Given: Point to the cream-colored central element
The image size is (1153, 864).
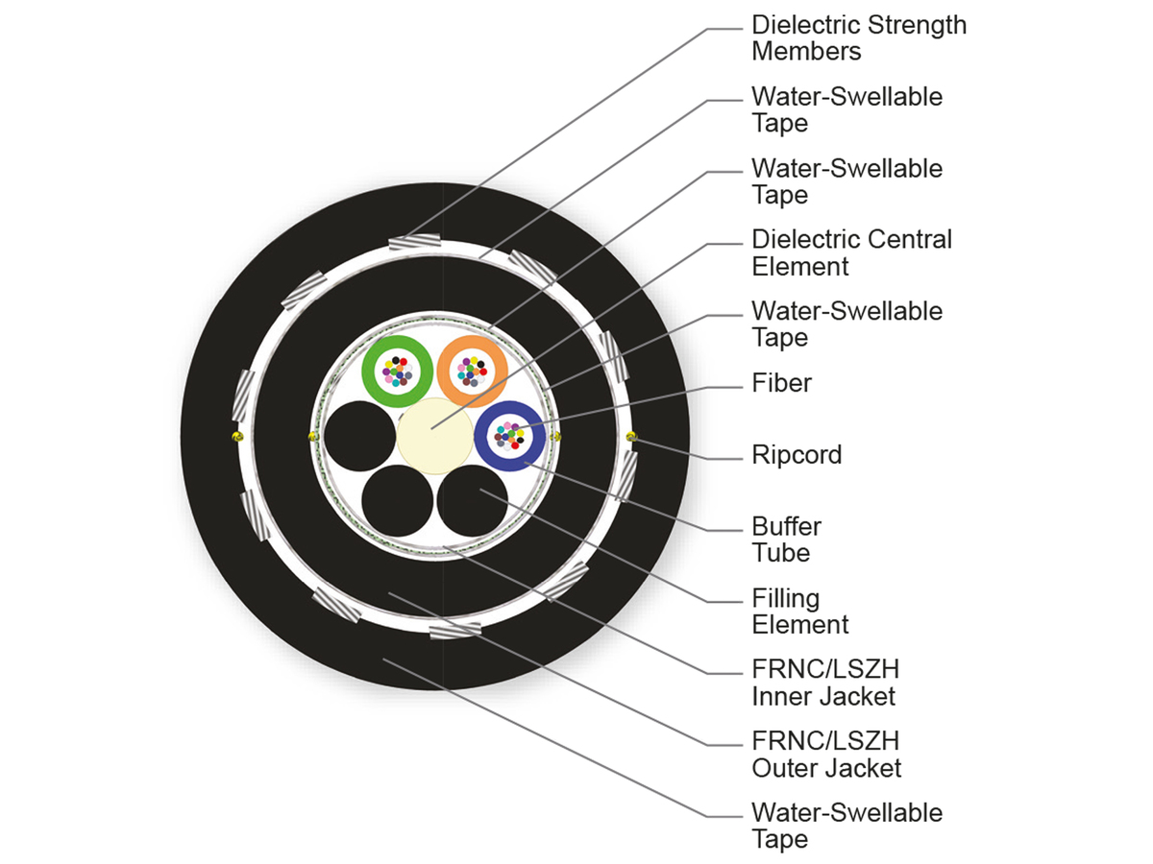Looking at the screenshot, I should (434, 436).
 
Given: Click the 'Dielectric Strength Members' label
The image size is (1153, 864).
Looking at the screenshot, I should (859, 37).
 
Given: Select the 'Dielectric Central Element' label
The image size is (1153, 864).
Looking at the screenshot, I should (851, 252).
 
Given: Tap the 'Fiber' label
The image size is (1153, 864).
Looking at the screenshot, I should (781, 383).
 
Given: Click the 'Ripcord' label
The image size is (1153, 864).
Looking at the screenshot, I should (797, 454).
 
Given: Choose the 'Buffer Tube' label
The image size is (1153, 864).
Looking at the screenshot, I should (786, 540).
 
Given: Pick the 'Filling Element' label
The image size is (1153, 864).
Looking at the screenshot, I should (799, 612).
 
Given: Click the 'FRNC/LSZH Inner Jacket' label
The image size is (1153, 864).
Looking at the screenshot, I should (825, 683).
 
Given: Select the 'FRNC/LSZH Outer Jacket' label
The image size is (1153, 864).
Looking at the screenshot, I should (826, 755).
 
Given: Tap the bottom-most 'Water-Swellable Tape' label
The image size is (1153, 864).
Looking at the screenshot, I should (846, 826).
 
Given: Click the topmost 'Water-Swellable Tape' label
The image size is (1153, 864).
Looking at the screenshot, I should (846, 109).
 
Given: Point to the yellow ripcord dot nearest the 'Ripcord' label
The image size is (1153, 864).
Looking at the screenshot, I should (631, 437).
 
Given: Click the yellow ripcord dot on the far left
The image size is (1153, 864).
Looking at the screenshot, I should (237, 437).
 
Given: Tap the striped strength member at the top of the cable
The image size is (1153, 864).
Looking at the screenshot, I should (415, 241).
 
